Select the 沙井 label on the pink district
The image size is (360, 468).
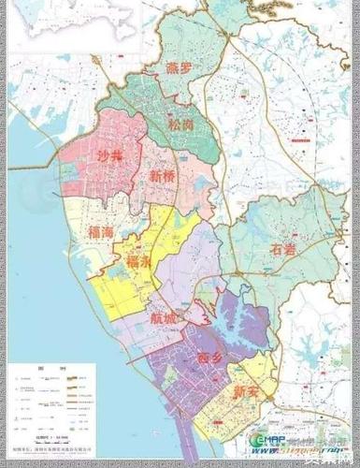pyautogui.click(x=110, y=158)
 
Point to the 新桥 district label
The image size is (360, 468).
pyautogui.click(x=163, y=174)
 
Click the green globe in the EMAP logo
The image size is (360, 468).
pyautogui.click(x=261, y=444)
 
